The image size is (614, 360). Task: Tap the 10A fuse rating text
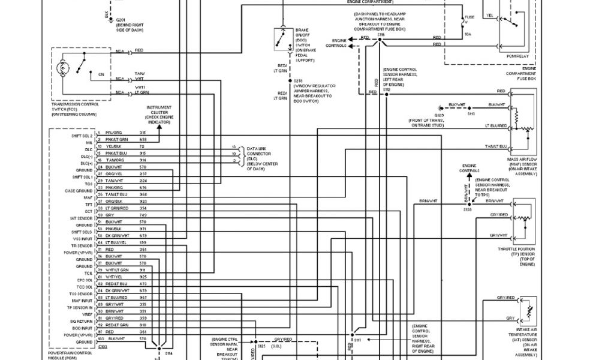pos(468,35)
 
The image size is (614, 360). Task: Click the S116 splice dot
pos(380,42)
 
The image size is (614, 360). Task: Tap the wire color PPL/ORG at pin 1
pos(114,133)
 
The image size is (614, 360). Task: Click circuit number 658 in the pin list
pos(143,139)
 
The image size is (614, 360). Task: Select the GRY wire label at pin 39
pos(109,215)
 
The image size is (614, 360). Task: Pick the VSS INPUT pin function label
pos(82,239)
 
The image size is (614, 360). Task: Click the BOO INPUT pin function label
pos(83,328)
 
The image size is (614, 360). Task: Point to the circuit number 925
pos(143,277)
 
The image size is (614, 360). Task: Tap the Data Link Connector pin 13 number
pos(234,147)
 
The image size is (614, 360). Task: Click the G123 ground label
pos(440,114)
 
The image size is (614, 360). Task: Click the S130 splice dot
pos(469,204)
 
